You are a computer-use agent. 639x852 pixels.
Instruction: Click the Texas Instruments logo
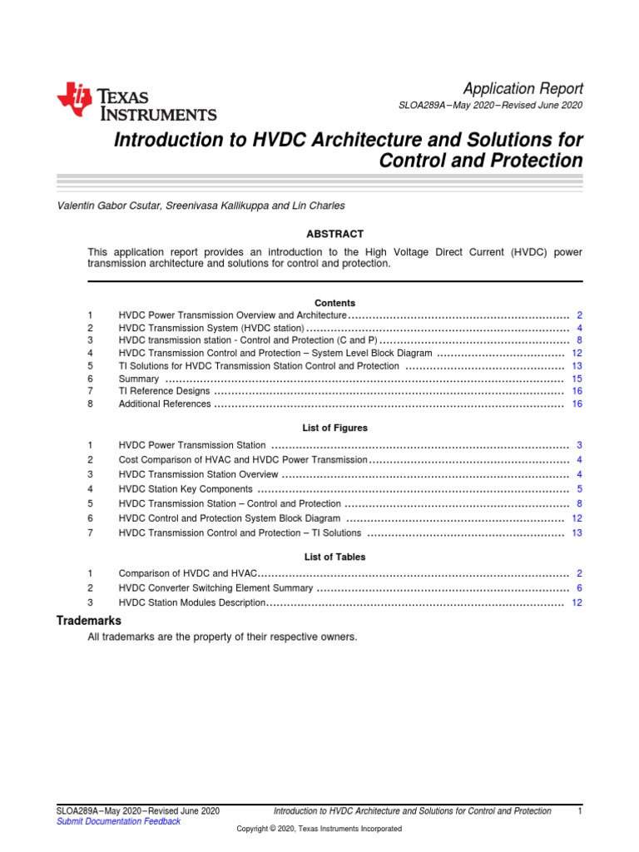click(136, 102)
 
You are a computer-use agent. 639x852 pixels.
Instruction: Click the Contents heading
click(334, 303)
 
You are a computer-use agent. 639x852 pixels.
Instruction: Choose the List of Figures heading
click(334, 428)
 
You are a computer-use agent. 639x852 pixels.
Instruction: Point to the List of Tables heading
click(334, 557)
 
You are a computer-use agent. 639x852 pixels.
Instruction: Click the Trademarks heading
click(88, 621)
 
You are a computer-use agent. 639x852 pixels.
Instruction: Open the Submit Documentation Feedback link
click(117, 821)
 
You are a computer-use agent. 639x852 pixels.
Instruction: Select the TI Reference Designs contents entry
click(164, 391)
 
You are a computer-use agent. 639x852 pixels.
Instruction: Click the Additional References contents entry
click(165, 404)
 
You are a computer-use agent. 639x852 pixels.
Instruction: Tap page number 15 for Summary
click(577, 379)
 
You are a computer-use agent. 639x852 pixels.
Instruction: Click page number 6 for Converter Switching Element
click(579, 587)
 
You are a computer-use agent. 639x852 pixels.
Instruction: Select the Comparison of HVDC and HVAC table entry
click(190, 573)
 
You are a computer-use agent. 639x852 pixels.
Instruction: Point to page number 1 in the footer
click(579, 810)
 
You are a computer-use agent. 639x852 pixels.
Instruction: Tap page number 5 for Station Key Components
click(579, 489)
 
